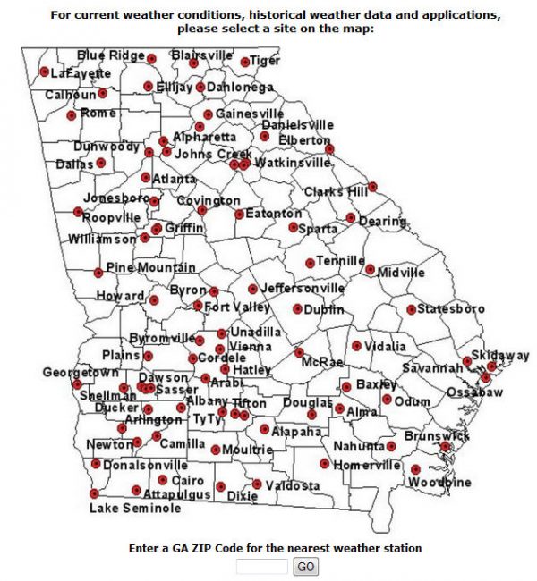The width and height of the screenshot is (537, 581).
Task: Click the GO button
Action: (306, 567)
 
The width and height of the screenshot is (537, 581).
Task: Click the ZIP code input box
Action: (262, 567)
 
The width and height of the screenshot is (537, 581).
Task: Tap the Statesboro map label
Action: (452, 309)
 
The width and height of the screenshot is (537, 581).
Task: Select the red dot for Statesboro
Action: (411, 309)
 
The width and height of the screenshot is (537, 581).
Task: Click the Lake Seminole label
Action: (134, 508)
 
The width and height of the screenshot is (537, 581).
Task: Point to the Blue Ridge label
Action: (110, 55)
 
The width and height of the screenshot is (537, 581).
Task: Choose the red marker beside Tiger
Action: (244, 62)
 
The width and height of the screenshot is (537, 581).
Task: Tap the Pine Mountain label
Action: (150, 267)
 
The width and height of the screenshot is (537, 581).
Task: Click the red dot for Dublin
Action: (297, 309)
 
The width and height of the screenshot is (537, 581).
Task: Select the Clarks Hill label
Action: (336, 192)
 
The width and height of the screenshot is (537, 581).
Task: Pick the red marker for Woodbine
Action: (416, 469)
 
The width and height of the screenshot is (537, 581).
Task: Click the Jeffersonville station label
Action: (303, 289)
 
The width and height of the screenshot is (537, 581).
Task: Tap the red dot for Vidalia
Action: (356, 346)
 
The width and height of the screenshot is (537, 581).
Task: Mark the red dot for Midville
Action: (370, 268)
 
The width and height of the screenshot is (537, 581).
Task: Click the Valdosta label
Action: (292, 485)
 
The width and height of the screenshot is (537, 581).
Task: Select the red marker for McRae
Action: (299, 352)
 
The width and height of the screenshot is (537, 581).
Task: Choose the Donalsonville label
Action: (146, 466)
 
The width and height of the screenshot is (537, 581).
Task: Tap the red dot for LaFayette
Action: (44, 72)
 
